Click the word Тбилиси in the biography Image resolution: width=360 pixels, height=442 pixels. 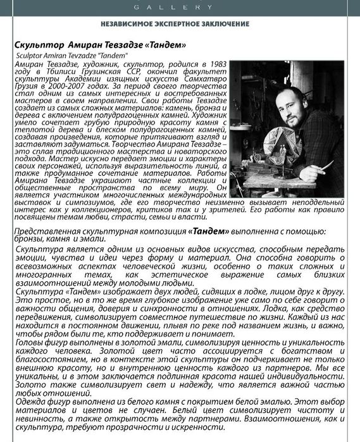[61, 73]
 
